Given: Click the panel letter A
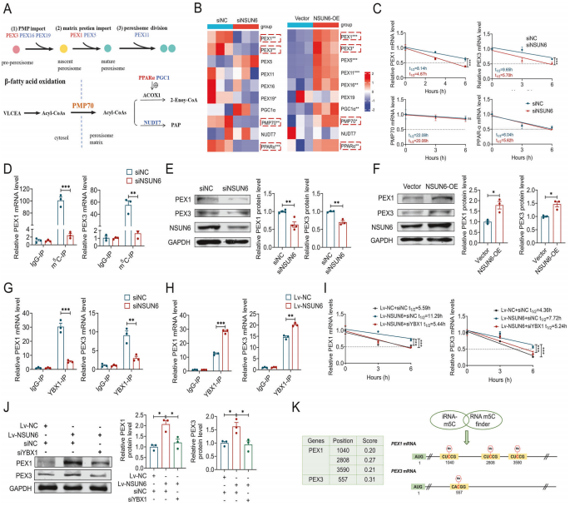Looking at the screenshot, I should coord(7,7).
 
